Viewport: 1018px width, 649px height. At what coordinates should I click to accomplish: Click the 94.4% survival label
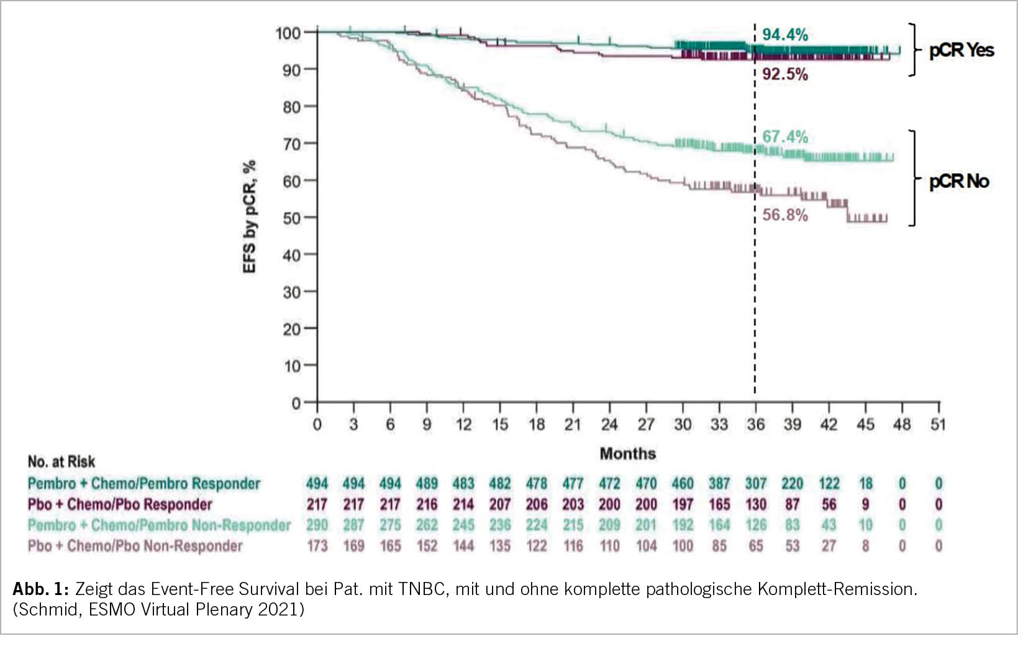(x=784, y=35)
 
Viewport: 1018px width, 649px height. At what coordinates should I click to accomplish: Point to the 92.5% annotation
(x=784, y=74)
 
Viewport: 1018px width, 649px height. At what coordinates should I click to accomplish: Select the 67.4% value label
(x=784, y=137)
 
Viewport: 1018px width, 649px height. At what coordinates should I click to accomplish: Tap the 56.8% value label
(x=784, y=215)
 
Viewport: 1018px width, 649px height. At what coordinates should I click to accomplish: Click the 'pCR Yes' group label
(x=961, y=50)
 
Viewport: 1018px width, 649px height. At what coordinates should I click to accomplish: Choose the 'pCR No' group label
(x=958, y=181)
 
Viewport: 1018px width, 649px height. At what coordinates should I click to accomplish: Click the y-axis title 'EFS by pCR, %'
(x=250, y=217)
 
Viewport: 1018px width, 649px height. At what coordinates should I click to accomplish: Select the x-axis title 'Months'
(x=627, y=454)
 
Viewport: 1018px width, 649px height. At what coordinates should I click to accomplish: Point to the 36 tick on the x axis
(x=755, y=424)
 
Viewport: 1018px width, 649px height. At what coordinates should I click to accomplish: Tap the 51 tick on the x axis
(x=938, y=424)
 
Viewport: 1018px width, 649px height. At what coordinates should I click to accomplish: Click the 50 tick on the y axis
(x=291, y=218)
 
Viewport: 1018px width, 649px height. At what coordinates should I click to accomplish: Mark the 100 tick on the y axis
(x=288, y=33)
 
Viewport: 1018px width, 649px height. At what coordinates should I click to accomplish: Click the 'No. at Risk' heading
(x=61, y=462)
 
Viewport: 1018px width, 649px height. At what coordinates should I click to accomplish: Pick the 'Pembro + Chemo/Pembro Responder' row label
(x=143, y=483)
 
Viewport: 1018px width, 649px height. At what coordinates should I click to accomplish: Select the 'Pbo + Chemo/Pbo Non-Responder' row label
(x=135, y=546)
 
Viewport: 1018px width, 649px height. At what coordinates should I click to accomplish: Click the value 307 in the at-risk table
(x=756, y=483)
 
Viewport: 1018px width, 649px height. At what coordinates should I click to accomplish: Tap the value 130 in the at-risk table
(x=756, y=504)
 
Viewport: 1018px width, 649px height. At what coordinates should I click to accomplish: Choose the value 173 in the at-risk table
(x=317, y=546)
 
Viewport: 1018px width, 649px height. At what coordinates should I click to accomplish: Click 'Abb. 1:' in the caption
(x=41, y=589)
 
